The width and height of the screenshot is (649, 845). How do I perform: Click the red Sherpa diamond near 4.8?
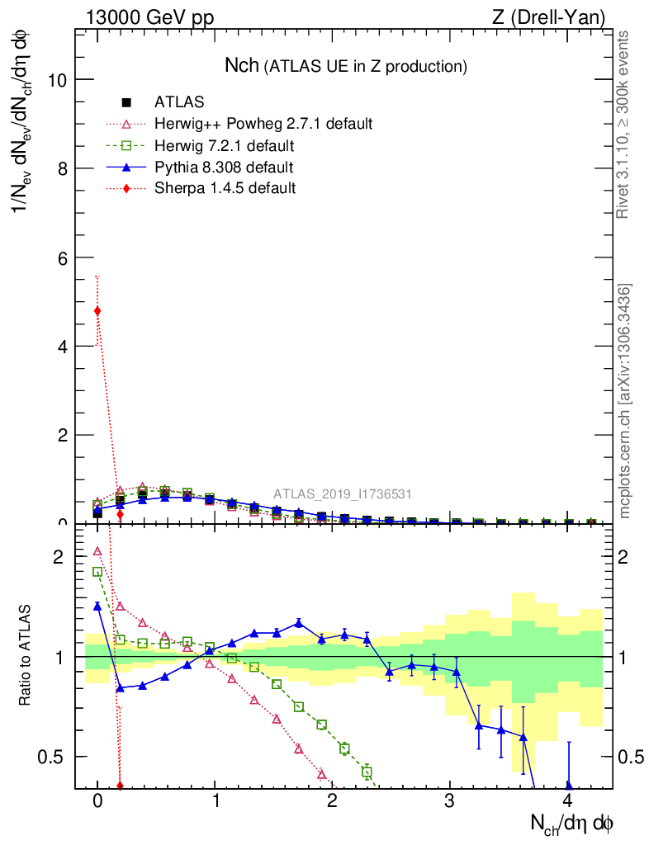tap(97, 311)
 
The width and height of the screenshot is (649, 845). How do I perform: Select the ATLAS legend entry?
tap(179, 102)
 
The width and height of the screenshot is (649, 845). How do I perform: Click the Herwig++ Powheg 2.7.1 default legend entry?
tap(263, 124)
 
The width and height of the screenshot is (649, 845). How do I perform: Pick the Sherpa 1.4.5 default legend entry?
tap(225, 188)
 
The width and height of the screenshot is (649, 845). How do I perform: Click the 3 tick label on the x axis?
tap(450, 801)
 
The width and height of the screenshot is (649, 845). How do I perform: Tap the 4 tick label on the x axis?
tap(567, 801)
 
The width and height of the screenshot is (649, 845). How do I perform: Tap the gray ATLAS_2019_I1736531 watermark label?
tap(343, 494)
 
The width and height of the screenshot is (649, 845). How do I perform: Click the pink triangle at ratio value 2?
tap(97, 551)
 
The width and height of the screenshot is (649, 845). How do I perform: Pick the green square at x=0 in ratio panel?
tap(97, 572)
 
